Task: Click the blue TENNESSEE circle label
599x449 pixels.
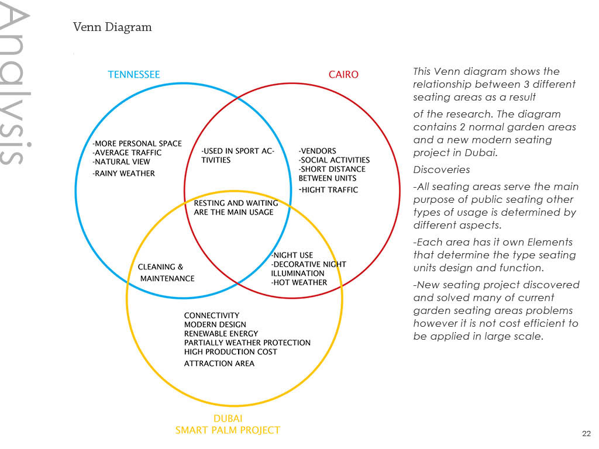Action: coord(134,74)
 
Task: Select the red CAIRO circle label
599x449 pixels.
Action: coord(343,74)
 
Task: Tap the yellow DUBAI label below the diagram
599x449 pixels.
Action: coord(228,419)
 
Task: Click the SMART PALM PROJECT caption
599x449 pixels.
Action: coord(228,430)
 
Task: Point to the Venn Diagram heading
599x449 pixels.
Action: coord(112,27)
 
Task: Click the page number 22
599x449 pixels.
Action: coord(586,434)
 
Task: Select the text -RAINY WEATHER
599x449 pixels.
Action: coord(124,173)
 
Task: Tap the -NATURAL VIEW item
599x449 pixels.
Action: coord(121,162)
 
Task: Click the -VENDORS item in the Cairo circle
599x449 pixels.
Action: coord(318,151)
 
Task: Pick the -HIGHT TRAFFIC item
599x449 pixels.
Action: coord(329,190)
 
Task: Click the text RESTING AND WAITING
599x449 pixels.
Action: coord(236,203)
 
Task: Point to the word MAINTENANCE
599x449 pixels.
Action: coord(167,279)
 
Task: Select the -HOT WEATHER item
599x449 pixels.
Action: coord(299,282)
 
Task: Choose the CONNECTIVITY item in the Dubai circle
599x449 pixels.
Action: coord(212,315)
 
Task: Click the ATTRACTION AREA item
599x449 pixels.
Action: coord(219,364)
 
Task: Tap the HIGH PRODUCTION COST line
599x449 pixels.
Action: coord(230,352)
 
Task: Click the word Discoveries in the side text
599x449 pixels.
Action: coord(442,170)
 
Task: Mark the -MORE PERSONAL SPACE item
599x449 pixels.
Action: coord(137,144)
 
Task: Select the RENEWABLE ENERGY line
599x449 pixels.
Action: coord(221,334)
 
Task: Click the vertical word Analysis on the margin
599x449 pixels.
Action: coord(15,84)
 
